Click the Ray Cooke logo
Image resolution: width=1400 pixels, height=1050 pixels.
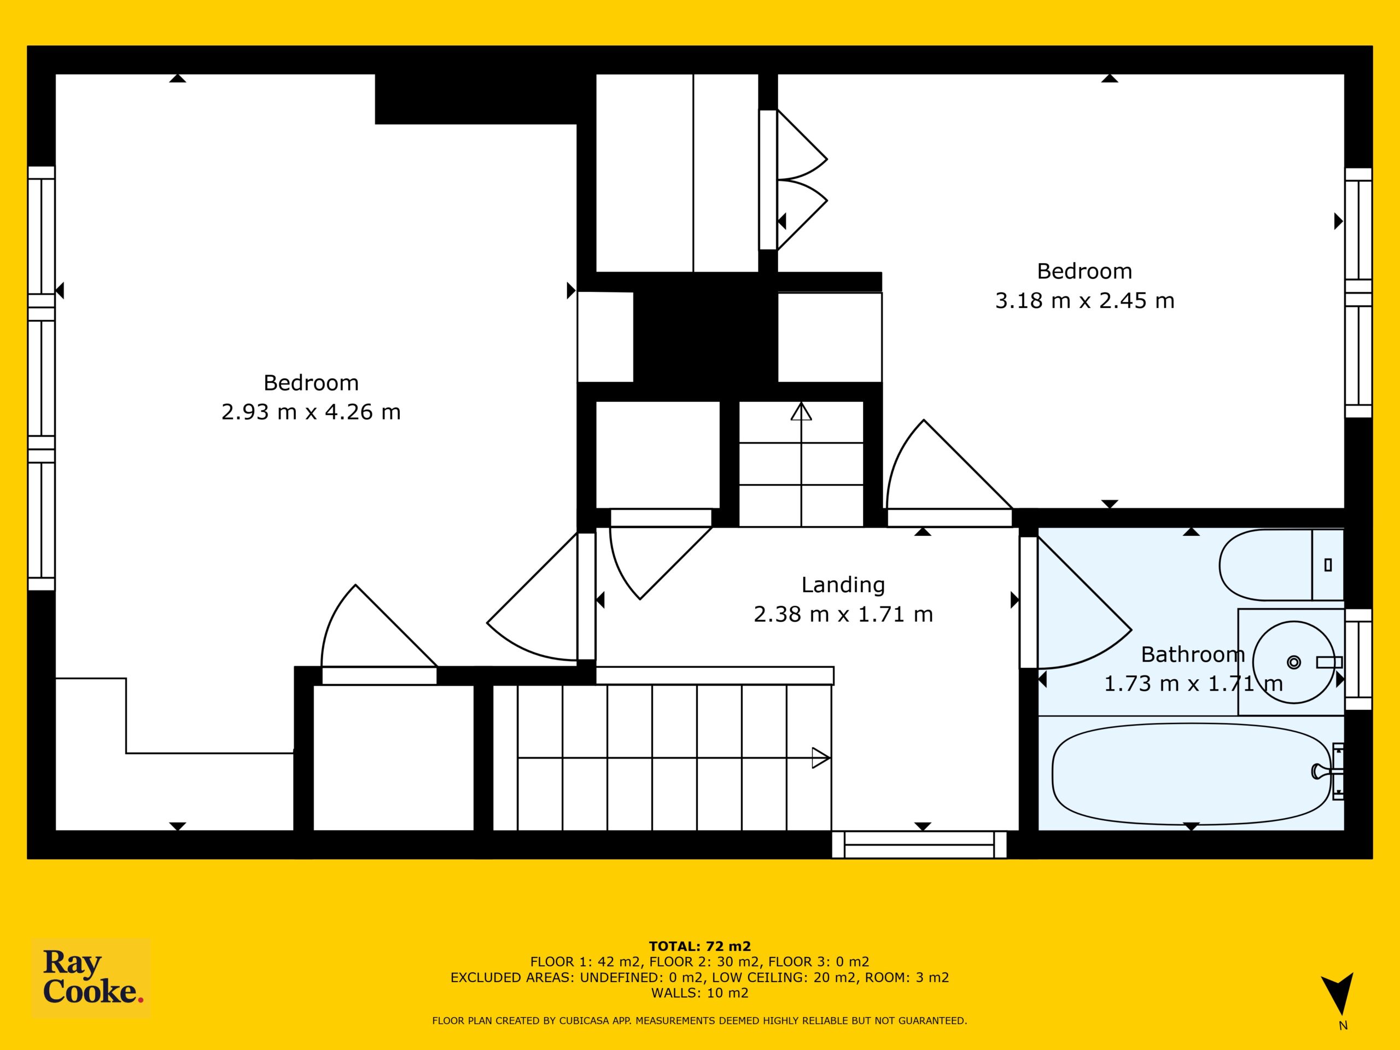click(x=91, y=977)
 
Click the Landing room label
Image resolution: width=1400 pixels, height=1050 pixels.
click(x=843, y=585)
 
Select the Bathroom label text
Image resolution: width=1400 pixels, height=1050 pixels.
click(x=1192, y=655)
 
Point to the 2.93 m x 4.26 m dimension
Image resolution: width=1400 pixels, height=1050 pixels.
click(x=311, y=412)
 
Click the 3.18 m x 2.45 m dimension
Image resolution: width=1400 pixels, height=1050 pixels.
click(x=1085, y=301)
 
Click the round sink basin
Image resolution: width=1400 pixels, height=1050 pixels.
click(x=1294, y=662)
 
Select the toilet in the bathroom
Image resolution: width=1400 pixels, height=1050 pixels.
click(x=1280, y=564)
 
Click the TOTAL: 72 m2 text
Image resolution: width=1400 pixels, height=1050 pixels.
click(x=699, y=947)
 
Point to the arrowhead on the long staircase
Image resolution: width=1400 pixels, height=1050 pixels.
click(x=821, y=757)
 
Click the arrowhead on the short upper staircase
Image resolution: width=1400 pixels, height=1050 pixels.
click(x=801, y=412)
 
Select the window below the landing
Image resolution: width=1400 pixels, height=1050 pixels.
click(x=919, y=844)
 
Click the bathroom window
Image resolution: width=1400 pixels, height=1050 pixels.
click(x=1358, y=660)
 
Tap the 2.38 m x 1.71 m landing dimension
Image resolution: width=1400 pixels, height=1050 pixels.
click(x=843, y=615)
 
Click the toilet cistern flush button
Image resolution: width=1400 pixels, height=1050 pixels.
click(x=1328, y=565)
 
